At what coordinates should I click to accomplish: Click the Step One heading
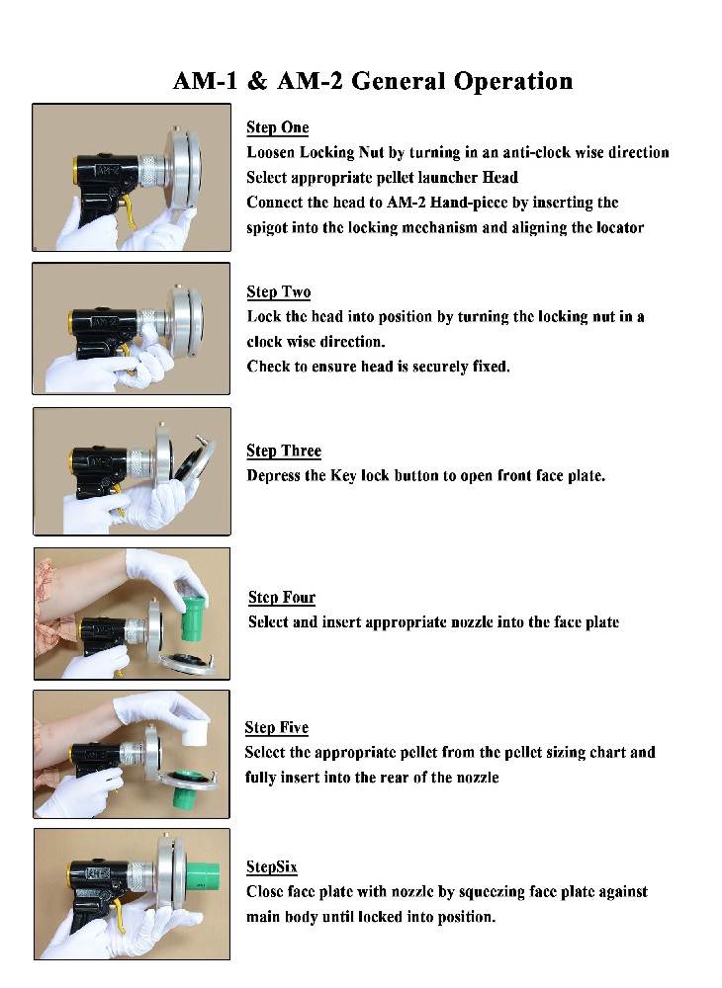(x=278, y=127)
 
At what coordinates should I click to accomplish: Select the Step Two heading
(x=279, y=292)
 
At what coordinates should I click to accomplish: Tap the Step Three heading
(x=284, y=452)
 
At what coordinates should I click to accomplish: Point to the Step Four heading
(x=282, y=598)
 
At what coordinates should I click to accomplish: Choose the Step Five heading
(x=277, y=728)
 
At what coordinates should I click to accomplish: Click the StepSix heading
(x=272, y=867)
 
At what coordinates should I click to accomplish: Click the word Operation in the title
(x=513, y=82)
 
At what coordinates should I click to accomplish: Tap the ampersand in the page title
(x=257, y=81)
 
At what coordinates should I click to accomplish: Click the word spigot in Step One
(x=267, y=228)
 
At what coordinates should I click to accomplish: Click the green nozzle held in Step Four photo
(x=194, y=618)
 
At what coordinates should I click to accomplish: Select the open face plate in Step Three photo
(x=194, y=461)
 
